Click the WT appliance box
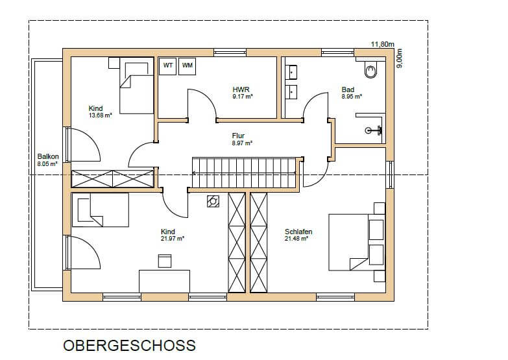167,66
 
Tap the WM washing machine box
187,66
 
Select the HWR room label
241,90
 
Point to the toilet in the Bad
371,70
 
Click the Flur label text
239,136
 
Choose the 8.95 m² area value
352,97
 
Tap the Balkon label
48,156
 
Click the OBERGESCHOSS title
130,346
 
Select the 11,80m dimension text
382,44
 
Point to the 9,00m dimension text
400,58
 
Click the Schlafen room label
298,232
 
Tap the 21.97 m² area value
173,239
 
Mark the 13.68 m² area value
101,115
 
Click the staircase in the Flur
245,173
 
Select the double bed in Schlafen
357,242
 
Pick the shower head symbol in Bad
374,130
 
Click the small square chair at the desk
165,261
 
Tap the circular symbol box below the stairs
213,201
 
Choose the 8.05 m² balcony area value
47,164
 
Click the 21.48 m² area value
296,239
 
